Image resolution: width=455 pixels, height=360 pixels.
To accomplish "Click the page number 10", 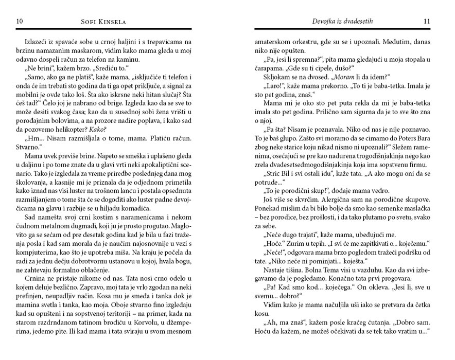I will [20, 21].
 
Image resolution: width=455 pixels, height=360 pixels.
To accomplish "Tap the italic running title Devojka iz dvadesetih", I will [342, 21].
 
